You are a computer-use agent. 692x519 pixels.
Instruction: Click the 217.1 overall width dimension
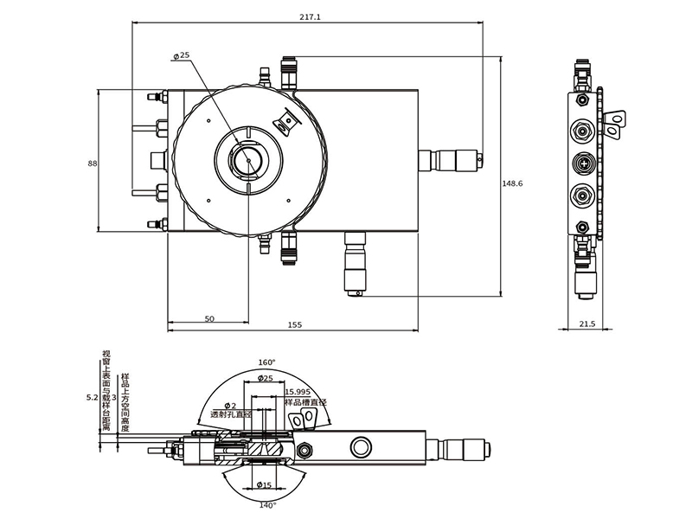click(309, 17)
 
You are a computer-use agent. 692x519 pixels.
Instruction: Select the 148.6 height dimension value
click(513, 183)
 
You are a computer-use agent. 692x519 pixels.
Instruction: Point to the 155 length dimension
click(294, 325)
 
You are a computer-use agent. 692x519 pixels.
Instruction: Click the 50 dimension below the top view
click(209, 318)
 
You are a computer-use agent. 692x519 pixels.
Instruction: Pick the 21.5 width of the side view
click(587, 324)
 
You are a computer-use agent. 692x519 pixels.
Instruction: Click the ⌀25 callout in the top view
click(182, 55)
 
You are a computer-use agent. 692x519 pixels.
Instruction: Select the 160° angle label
click(266, 362)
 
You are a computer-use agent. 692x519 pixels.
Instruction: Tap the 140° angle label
click(266, 505)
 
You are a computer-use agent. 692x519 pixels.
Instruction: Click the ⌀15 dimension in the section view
click(266, 485)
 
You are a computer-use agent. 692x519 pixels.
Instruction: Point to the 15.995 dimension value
click(298, 392)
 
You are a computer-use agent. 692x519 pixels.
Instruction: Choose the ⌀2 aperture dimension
click(230, 406)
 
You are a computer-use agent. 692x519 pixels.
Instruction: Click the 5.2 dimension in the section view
click(93, 398)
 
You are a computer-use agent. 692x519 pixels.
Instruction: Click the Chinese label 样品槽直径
click(306, 402)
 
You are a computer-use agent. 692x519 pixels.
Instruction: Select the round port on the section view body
click(359, 447)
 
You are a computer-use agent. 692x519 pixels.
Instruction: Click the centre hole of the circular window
click(248, 159)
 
